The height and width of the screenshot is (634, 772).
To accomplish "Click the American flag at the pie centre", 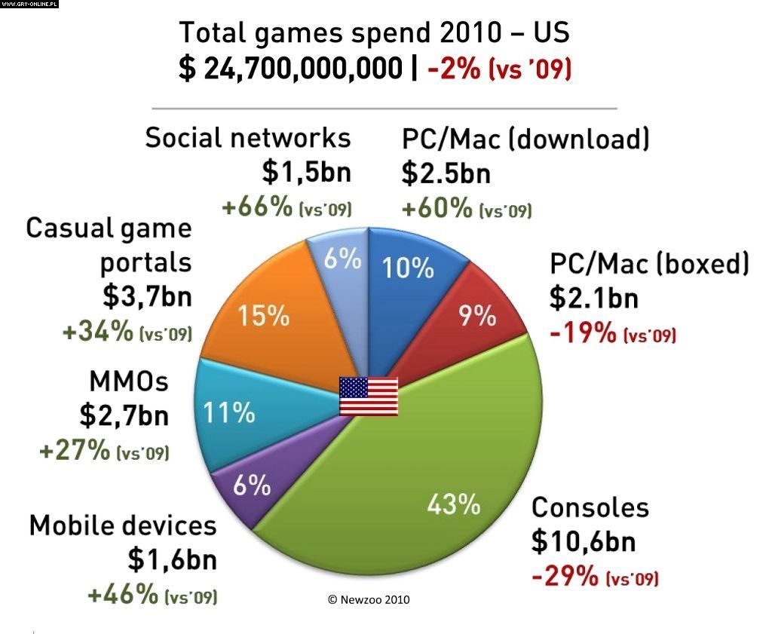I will pyautogui.click(x=368, y=395).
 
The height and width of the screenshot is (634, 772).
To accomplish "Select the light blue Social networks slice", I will pyautogui.click(x=341, y=260).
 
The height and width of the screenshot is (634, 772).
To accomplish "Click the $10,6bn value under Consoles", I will pyautogui.click(x=583, y=541).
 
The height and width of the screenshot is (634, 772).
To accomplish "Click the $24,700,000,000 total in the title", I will pyautogui.click(x=290, y=69).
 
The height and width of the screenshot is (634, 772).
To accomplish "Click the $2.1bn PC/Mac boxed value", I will pyautogui.click(x=593, y=299).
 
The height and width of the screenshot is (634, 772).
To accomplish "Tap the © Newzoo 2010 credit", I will pyautogui.click(x=369, y=599).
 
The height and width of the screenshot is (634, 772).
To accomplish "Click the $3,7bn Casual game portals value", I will pyautogui.click(x=147, y=297).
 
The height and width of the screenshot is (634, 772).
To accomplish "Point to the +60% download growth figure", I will pyautogui.click(x=436, y=208).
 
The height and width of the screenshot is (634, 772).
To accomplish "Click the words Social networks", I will pyautogui.click(x=248, y=138).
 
